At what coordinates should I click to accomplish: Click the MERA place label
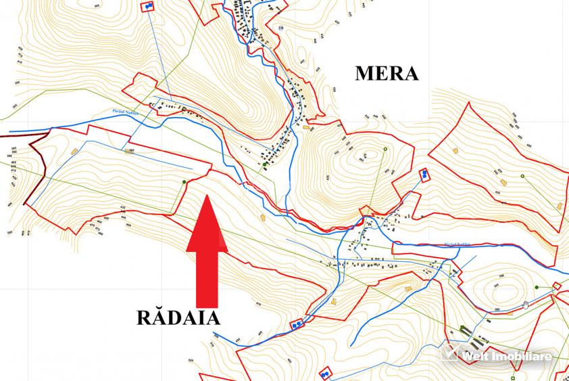pyautogui.click(x=387, y=73)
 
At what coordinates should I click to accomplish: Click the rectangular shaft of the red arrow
pyautogui.click(x=208, y=277)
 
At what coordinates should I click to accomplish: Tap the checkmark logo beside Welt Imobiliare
pyautogui.click(x=450, y=353)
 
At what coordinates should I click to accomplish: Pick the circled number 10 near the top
pyautogui.click(x=280, y=28)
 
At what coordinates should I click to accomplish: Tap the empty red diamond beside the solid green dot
pyautogui.click(x=557, y=286)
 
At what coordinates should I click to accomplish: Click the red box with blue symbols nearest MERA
pyautogui.click(x=424, y=174)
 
